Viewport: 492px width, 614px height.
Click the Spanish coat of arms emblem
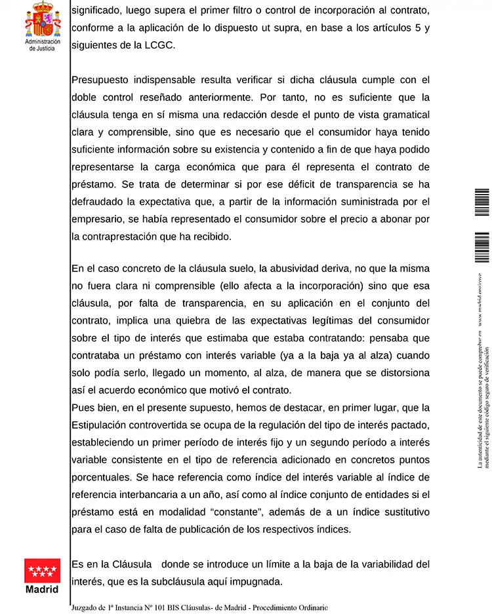pyautogui.click(x=43, y=20)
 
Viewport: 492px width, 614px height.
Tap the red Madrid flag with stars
pyautogui.click(x=43, y=571)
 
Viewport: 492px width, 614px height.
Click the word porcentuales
pyautogui.click(x=103, y=476)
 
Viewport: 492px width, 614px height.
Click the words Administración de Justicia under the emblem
pyautogui.click(x=43, y=45)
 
